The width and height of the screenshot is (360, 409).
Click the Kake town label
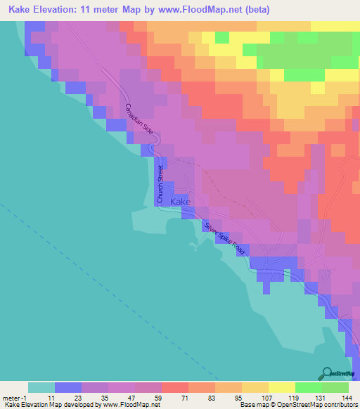click(x=181, y=202)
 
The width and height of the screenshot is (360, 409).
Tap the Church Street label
click(x=160, y=184)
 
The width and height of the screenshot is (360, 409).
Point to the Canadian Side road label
click(x=139, y=120)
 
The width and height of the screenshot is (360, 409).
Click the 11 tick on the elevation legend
click(x=51, y=397)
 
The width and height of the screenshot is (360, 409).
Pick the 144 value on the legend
click(x=345, y=397)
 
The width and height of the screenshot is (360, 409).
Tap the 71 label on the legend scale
click(x=185, y=397)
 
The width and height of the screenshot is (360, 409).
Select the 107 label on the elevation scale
click(x=265, y=397)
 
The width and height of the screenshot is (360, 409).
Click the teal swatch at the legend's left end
click(x=41, y=387)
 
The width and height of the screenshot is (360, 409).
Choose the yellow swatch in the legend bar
click(x=281, y=387)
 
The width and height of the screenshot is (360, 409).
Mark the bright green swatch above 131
click(x=308, y=387)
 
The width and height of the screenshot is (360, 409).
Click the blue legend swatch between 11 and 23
click(x=67, y=387)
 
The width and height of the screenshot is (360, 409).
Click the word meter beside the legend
click(x=11, y=397)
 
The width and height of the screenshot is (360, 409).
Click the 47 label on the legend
click(x=131, y=397)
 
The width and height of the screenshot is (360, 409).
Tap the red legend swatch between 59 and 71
click(x=174, y=387)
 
